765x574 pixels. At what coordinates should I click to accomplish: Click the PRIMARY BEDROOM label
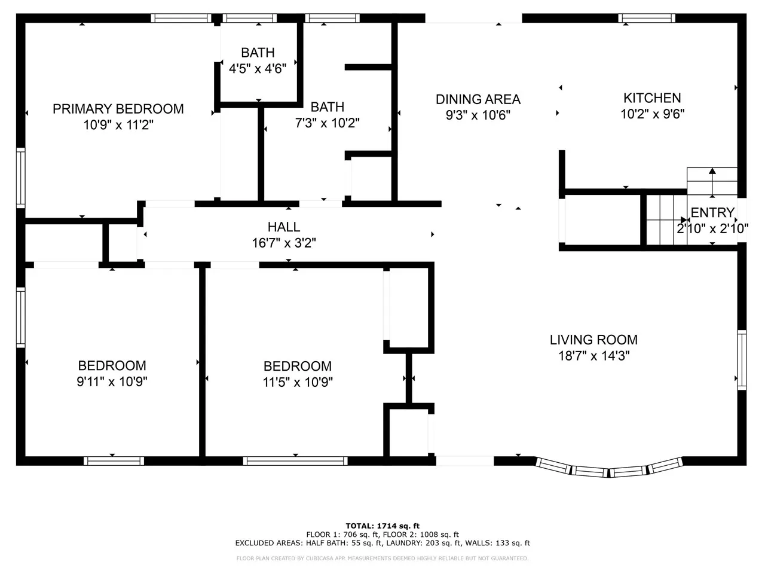pyautogui.click(x=118, y=109)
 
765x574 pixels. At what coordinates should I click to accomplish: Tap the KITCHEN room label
pyautogui.click(x=652, y=98)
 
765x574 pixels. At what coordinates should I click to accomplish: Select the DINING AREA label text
pyautogui.click(x=478, y=99)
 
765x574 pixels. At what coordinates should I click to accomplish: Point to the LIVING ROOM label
pyautogui.click(x=593, y=340)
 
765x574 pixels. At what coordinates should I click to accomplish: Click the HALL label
pyautogui.click(x=284, y=227)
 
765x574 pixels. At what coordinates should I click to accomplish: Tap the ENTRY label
pyautogui.click(x=712, y=212)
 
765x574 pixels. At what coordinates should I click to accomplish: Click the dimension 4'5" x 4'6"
pyautogui.click(x=258, y=69)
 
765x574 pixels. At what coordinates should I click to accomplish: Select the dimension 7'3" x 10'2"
pyautogui.click(x=327, y=123)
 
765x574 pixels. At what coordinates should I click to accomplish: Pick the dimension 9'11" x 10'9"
pyautogui.click(x=112, y=381)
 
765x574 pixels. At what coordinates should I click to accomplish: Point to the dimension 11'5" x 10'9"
pyautogui.click(x=298, y=382)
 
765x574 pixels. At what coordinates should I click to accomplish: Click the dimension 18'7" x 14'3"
pyautogui.click(x=594, y=356)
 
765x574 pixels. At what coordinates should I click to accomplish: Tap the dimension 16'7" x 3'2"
pyautogui.click(x=284, y=243)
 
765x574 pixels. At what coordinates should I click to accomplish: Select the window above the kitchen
pyautogui.click(x=647, y=18)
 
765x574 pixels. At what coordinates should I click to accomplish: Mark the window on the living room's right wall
pyautogui.click(x=742, y=360)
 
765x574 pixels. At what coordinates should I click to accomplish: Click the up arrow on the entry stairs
pyautogui.click(x=712, y=182)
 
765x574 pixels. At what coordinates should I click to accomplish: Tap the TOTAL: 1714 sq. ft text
pyautogui.click(x=382, y=526)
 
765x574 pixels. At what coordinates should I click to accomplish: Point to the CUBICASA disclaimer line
pyautogui.click(x=382, y=558)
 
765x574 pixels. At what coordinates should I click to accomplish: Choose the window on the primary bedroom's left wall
pyautogui.click(x=21, y=178)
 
